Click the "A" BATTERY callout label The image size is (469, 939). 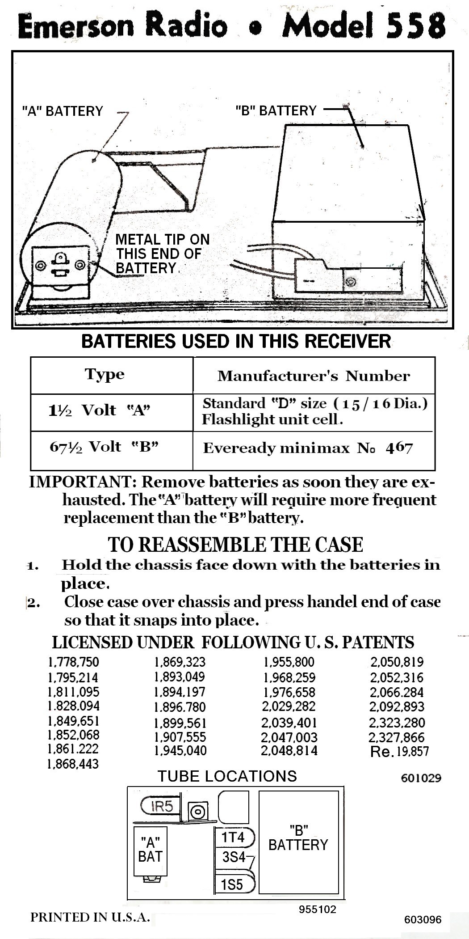point(63,111)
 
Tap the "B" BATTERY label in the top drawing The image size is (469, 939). point(276,110)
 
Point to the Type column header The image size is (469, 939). point(105,375)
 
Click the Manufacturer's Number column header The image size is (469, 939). point(314,376)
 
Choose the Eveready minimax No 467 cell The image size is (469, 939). point(308,448)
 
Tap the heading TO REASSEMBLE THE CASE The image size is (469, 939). point(235,545)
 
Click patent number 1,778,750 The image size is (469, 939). point(73,662)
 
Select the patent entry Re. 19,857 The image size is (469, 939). point(399,752)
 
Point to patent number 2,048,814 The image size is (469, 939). point(289,750)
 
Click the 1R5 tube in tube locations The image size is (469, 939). point(161,806)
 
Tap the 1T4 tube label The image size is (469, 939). point(233,837)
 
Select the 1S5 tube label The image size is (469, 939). point(232,884)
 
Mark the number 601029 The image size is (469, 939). point(421,778)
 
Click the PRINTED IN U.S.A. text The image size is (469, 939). point(90,917)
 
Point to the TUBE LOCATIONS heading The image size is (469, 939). point(227,776)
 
